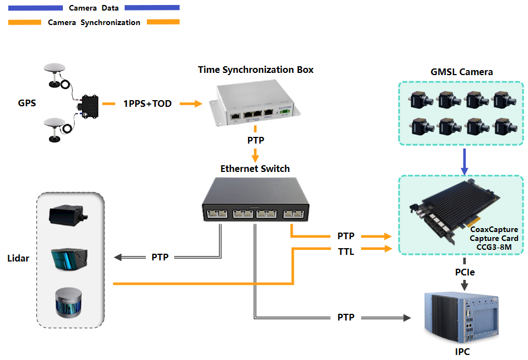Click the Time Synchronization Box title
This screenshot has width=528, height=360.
[255, 70]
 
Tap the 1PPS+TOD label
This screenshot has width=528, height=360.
[147, 104]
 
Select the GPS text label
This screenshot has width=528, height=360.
[27, 103]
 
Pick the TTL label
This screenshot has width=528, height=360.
[346, 251]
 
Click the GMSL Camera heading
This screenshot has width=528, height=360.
[461, 72]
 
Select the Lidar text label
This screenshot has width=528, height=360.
[17, 258]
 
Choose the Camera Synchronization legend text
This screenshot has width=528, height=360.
[94, 23]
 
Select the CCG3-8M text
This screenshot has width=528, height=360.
[494, 247]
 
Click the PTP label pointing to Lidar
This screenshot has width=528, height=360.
[160, 258]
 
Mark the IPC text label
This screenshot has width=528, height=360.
[464, 352]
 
